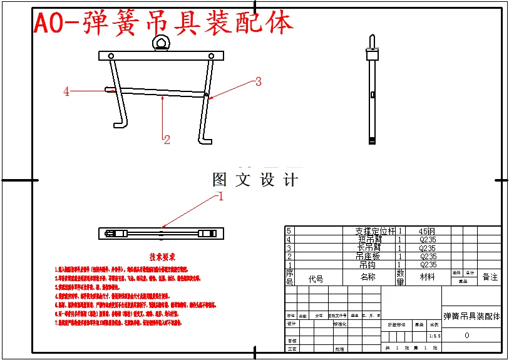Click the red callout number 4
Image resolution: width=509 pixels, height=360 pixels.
[x=66, y=91]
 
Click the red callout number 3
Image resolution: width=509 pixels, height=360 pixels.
[x=257, y=81]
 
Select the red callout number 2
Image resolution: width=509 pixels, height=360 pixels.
[x=167, y=140]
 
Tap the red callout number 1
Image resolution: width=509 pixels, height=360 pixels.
[x=220, y=196]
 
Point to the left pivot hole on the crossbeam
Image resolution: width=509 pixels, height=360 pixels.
[x=111, y=56]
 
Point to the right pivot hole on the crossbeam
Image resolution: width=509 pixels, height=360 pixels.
[x=211, y=56]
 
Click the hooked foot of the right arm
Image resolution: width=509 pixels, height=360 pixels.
[x=204, y=139]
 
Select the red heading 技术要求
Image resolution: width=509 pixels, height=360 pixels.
[x=162, y=257]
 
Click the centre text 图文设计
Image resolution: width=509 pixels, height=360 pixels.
[x=255, y=180]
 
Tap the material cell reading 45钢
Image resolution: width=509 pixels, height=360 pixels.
[x=428, y=231]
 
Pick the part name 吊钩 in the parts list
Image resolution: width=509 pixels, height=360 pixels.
[x=368, y=265]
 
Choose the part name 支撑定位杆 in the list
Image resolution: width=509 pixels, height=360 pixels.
[x=375, y=231]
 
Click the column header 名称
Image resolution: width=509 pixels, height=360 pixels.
[x=368, y=277]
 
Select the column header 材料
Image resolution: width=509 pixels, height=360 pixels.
[x=428, y=277]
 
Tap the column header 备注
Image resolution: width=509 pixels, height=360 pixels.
[x=490, y=277]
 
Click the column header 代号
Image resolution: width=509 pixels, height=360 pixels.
[x=316, y=279]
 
